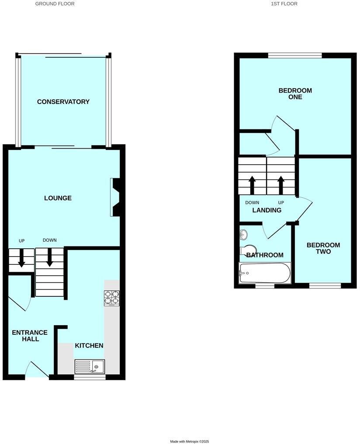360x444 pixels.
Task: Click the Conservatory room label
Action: (63, 102)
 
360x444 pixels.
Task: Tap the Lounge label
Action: (58, 198)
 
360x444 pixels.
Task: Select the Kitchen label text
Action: (89, 346)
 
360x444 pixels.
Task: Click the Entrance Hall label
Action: (25, 336)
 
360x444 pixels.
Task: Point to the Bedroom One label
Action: (295, 94)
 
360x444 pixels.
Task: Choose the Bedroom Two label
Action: (323, 248)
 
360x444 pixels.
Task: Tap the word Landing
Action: (267, 210)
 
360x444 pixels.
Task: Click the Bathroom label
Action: (265, 255)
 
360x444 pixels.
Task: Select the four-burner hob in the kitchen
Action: (112, 298)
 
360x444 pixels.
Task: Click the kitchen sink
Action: (90, 366)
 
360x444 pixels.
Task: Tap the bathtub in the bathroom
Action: (265, 273)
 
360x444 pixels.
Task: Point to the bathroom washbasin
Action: (243, 235)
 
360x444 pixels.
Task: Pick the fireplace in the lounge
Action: (116, 197)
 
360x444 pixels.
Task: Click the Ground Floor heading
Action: (55, 3)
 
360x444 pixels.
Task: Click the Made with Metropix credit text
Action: (192, 441)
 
